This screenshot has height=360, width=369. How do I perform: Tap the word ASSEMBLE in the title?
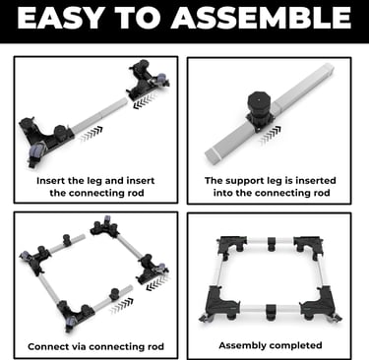[x=261, y=18]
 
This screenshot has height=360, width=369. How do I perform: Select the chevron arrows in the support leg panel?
[x=271, y=135]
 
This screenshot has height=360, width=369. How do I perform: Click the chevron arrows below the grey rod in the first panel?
[x=91, y=134]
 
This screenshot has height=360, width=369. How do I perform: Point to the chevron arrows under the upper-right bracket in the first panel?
[x=146, y=100]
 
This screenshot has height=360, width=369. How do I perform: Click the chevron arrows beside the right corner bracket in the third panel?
[x=158, y=281]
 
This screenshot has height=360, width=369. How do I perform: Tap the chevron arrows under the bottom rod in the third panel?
[x=122, y=306]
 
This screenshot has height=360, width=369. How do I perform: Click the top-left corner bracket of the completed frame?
[x=231, y=246]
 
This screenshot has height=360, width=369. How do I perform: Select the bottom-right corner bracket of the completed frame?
[x=320, y=303]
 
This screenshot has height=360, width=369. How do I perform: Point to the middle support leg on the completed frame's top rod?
[x=271, y=244]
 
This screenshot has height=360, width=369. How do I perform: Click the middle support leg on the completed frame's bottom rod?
[x=271, y=311]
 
